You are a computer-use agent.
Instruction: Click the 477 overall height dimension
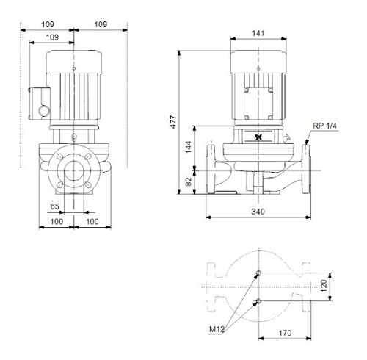[173, 122]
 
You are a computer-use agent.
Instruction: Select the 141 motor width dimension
[258, 33]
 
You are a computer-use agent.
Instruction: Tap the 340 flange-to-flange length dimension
[258, 212]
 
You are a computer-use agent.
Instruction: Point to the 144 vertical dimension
[188, 147]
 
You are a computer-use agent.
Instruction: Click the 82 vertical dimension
[189, 181]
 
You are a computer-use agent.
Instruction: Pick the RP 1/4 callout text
[324, 126]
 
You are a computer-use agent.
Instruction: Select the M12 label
[217, 329]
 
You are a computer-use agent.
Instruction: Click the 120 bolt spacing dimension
[324, 286]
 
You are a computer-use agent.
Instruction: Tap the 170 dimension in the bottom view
[285, 333]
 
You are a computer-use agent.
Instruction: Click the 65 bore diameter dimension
[54, 206]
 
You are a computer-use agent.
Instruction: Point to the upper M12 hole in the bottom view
[258, 273]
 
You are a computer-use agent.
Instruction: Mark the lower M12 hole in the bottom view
[258, 300]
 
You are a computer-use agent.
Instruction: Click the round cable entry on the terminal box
[44, 111]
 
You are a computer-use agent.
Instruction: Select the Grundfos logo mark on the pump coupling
[258, 137]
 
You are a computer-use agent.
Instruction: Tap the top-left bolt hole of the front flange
[59, 156]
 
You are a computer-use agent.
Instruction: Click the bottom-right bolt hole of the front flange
[88, 185]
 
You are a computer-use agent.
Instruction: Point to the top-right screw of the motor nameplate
[270, 90]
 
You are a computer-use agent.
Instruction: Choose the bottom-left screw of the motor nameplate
[247, 118]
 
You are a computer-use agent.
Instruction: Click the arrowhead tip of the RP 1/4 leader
[306, 145]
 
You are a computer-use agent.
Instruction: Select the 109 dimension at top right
[101, 24]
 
